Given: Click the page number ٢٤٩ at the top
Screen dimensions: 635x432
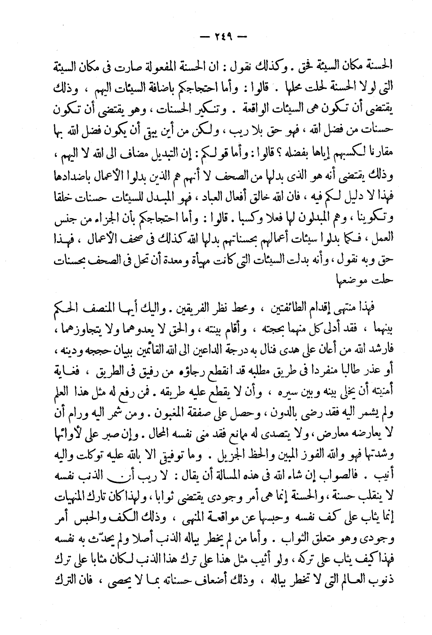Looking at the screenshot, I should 216,36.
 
